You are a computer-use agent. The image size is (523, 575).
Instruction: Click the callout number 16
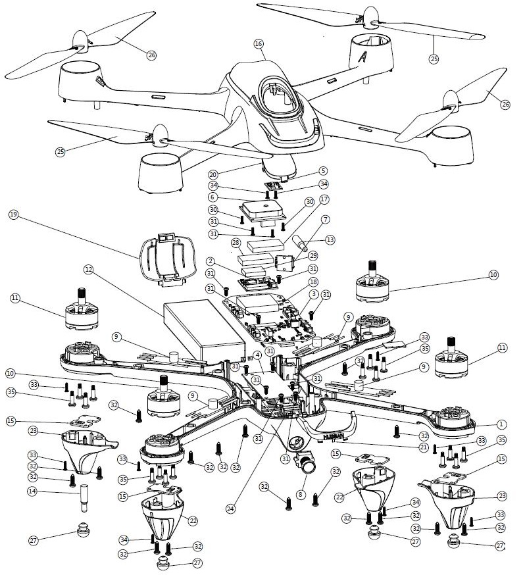pos(258,43)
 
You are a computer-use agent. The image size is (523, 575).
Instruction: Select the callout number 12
pos(89,269)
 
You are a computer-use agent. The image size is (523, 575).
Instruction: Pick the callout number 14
pos(32,491)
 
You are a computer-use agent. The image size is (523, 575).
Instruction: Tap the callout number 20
pos(212,175)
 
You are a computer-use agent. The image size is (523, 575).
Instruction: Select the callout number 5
pos(322,170)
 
